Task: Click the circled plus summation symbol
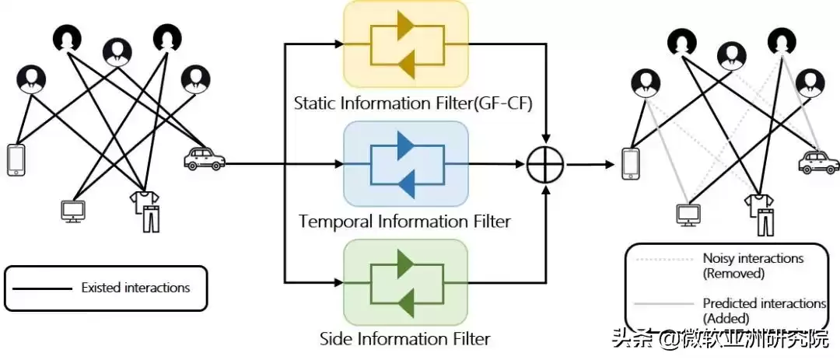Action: pos(544,165)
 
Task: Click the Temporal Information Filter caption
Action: pos(404,222)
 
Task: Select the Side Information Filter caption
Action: pos(405,339)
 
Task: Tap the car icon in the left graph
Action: pos(204,159)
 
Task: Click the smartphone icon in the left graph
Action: pos(16,161)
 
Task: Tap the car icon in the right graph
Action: pos(817,163)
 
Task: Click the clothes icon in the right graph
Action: pos(760,214)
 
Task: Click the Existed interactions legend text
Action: pos(135,288)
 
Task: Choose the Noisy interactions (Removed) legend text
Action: pos(753,265)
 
